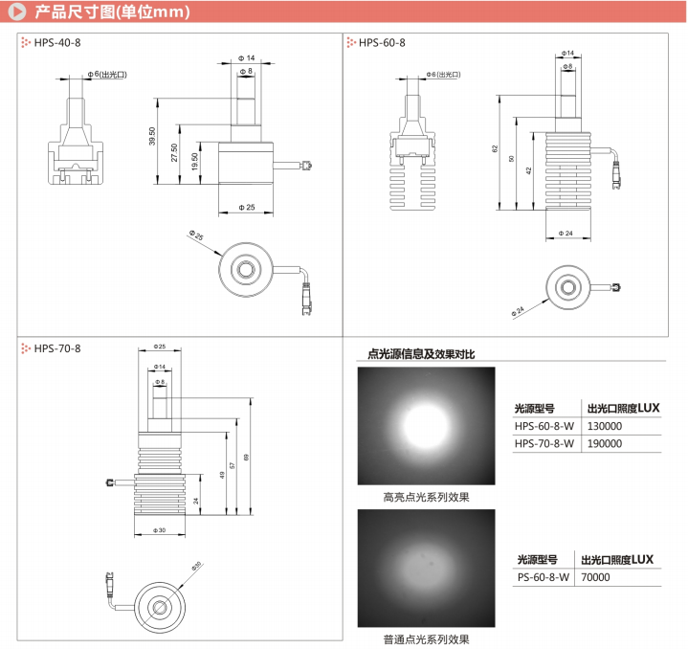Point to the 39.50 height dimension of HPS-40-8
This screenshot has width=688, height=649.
(152, 137)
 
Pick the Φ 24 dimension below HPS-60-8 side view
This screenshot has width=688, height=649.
(567, 233)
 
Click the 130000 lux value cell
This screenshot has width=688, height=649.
(604, 426)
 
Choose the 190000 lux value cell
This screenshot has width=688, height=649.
(604, 443)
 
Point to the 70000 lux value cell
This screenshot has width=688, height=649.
(600, 577)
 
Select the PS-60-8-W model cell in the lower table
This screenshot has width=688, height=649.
(543, 577)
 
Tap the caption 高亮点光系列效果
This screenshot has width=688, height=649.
(426, 497)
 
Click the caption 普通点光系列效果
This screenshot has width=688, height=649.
(426, 638)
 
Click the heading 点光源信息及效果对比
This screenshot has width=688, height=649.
(414, 353)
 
